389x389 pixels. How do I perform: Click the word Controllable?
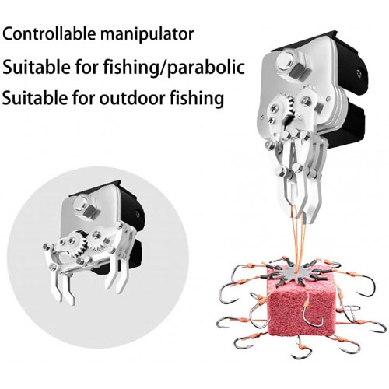[x=49, y=34]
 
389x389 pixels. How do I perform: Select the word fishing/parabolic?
[x=174, y=67]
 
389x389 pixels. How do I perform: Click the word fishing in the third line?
[x=197, y=99]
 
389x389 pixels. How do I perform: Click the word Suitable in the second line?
[x=36, y=67]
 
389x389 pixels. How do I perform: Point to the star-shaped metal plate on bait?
[x=298, y=272]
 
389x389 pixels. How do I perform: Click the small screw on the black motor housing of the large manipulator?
[x=359, y=73]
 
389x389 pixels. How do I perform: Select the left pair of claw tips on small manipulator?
[x=64, y=290]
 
